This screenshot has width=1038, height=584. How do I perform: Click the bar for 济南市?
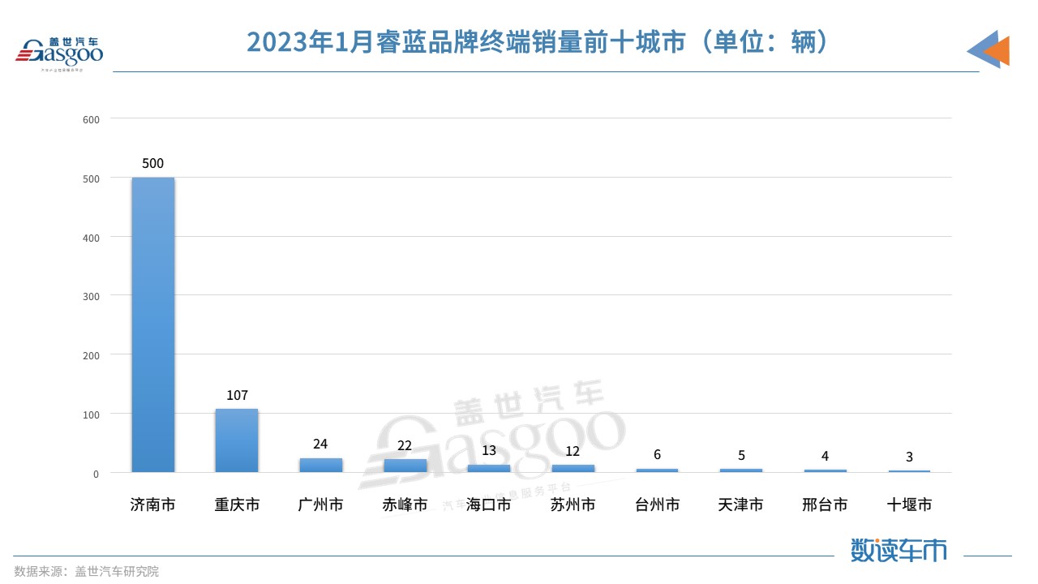[153, 324]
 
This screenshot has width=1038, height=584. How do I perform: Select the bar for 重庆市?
[237, 440]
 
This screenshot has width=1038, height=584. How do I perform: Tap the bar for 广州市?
[320, 466]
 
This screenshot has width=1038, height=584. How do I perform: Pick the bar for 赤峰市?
[405, 466]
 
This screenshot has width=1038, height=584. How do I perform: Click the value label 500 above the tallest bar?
[152, 163]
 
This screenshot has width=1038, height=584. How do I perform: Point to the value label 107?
[237, 395]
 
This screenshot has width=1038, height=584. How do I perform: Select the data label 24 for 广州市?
[320, 444]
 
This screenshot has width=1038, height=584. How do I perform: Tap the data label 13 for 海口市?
[489, 450]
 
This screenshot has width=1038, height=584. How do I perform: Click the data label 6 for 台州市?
[657, 454]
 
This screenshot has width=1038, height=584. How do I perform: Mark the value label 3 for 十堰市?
[909, 457]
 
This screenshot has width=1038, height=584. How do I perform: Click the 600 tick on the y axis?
[91, 119]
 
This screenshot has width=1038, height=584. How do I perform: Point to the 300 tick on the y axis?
[91, 296]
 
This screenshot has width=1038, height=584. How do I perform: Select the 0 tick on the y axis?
[96, 474]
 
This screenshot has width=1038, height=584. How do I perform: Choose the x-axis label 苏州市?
[573, 505]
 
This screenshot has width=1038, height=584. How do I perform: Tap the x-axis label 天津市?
[740, 505]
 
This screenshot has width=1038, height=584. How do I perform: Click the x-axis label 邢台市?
[825, 505]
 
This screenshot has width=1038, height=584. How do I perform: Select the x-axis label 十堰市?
[909, 505]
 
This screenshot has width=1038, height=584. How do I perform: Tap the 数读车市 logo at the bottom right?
[899, 550]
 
